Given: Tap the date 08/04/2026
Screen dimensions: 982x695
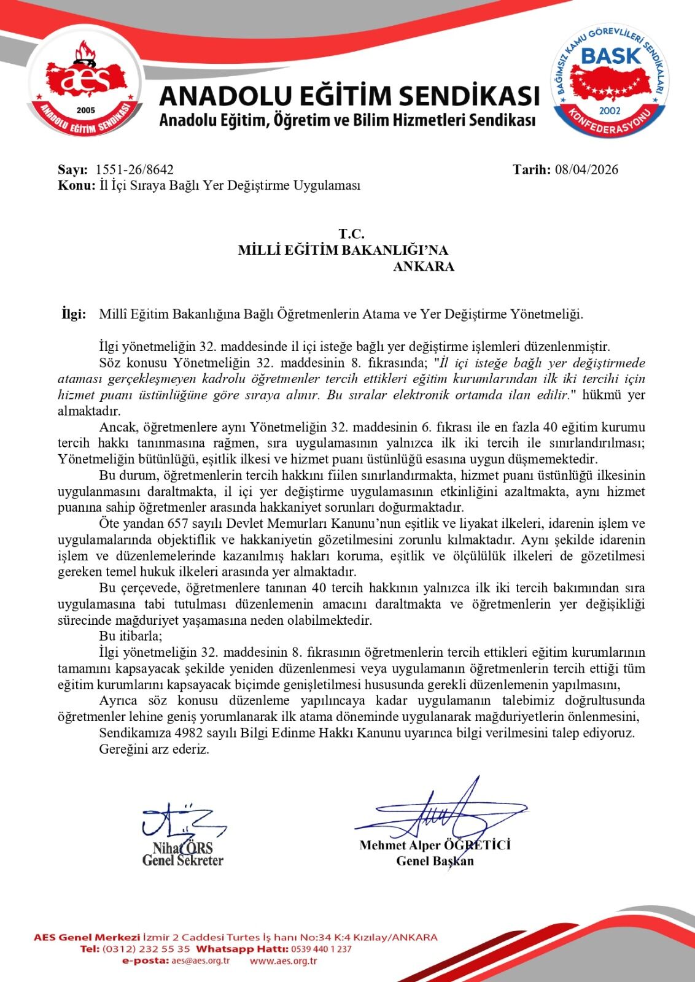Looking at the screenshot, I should [586, 170].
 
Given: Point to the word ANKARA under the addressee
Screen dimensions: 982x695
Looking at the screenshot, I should [424, 267].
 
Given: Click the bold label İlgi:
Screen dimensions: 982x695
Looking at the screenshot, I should [74, 314].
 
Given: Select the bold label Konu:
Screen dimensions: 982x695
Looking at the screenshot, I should [76, 185].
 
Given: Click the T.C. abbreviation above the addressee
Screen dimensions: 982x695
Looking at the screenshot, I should [351, 234].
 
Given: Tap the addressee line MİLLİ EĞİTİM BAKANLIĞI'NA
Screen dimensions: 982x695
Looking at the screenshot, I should [343, 250].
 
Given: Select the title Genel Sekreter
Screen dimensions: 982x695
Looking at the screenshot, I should [182, 860].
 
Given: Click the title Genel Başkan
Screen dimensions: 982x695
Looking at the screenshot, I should [435, 860].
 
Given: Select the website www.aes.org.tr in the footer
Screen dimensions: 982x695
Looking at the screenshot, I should [283, 961].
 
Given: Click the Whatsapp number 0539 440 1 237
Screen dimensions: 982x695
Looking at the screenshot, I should [318, 949].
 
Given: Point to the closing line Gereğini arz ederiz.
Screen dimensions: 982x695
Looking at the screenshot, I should [154, 749].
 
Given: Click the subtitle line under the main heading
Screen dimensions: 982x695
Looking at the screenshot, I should [347, 120].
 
